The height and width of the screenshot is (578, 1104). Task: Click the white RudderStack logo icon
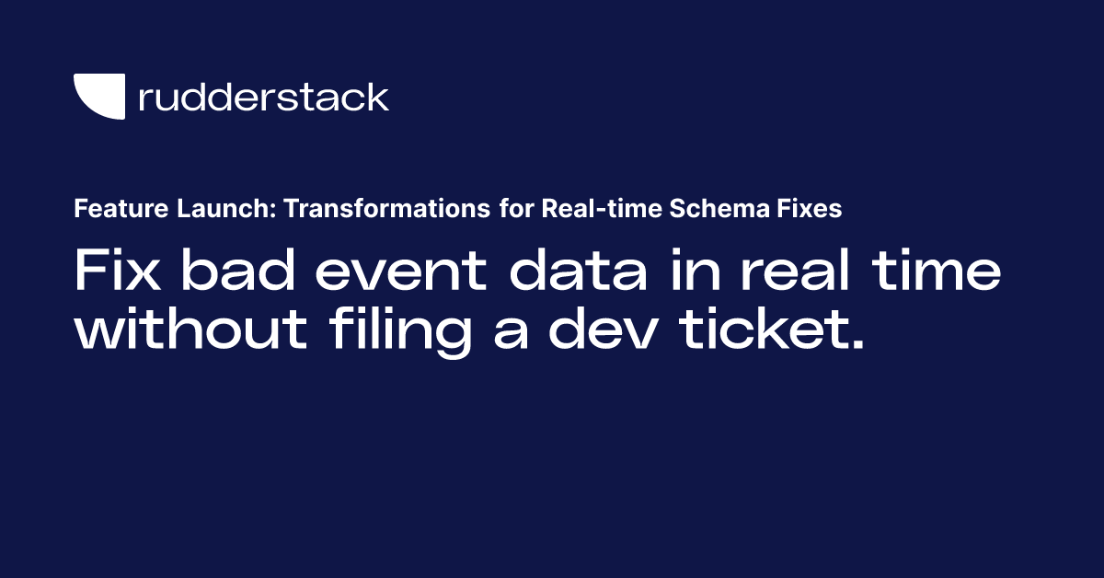pyautogui.click(x=98, y=96)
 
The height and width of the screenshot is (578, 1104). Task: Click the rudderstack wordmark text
pyautogui.click(x=263, y=97)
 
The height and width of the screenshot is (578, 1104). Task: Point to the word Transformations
pyautogui.click(x=387, y=209)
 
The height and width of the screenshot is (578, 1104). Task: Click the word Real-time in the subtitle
pyautogui.click(x=587, y=209)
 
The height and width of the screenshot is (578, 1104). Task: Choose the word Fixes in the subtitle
pyautogui.click(x=808, y=209)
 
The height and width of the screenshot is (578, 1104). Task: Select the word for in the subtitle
pyautogui.click(x=516, y=209)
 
